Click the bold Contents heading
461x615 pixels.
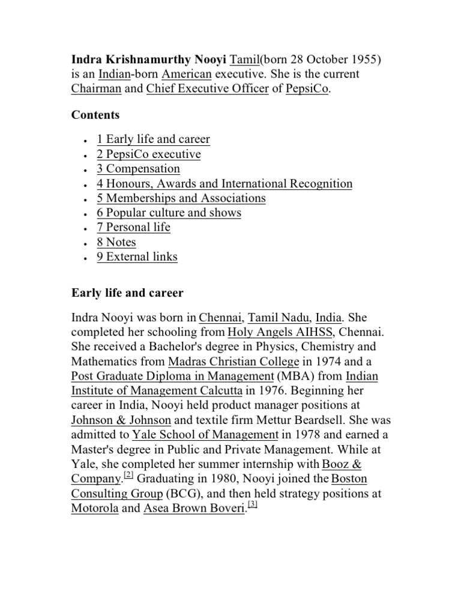point(95,115)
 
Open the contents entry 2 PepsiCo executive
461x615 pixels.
point(148,154)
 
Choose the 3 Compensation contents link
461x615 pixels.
point(138,169)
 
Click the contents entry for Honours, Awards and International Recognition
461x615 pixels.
point(224,184)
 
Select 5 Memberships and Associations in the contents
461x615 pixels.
point(181,198)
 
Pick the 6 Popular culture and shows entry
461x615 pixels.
point(169,213)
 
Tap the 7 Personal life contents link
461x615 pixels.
point(133,227)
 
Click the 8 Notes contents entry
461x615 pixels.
point(116,242)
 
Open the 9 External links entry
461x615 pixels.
point(137,257)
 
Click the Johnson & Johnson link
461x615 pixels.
point(121,420)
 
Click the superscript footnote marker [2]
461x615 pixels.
point(128,477)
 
